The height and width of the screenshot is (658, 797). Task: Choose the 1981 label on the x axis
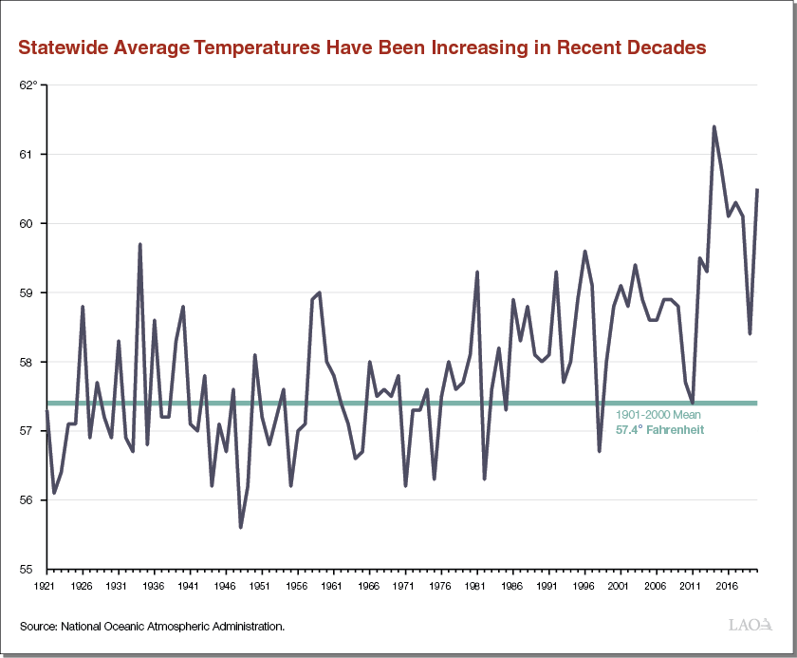pyautogui.click(x=475, y=587)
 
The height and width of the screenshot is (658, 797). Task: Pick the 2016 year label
pyautogui.click(x=727, y=587)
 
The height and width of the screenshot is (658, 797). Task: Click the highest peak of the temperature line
pyautogui.click(x=714, y=126)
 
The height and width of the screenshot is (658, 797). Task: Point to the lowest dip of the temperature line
pyautogui.click(x=241, y=527)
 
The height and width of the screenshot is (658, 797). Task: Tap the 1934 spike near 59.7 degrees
pyautogui.click(x=140, y=244)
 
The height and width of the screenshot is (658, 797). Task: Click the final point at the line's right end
pyautogui.click(x=757, y=189)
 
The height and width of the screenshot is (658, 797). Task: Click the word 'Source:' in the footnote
pyautogui.click(x=37, y=627)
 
